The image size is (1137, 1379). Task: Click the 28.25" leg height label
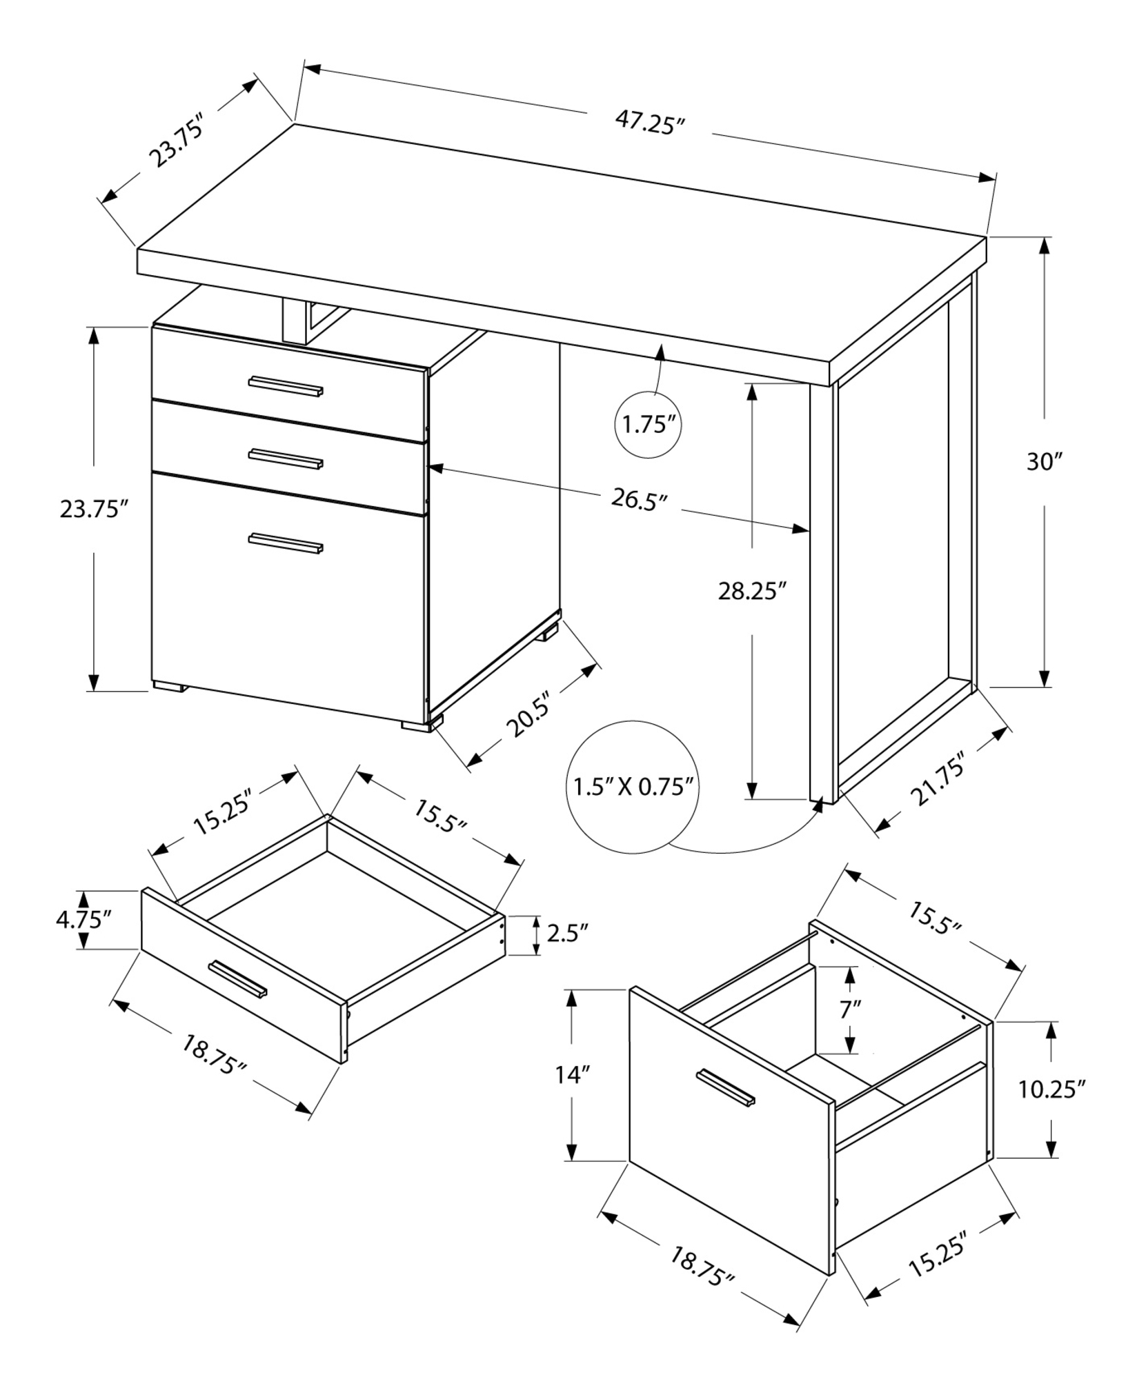click(x=752, y=591)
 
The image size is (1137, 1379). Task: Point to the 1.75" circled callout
click(x=648, y=425)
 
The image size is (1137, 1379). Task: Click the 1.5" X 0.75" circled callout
click(x=632, y=787)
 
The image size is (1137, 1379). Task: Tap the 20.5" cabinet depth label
click(x=526, y=718)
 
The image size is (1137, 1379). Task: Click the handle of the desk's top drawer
click(x=286, y=387)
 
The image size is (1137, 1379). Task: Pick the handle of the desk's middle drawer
click(x=286, y=459)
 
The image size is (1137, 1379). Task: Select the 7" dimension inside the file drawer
click(x=851, y=1009)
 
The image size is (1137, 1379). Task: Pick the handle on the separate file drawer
click(x=726, y=1087)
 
